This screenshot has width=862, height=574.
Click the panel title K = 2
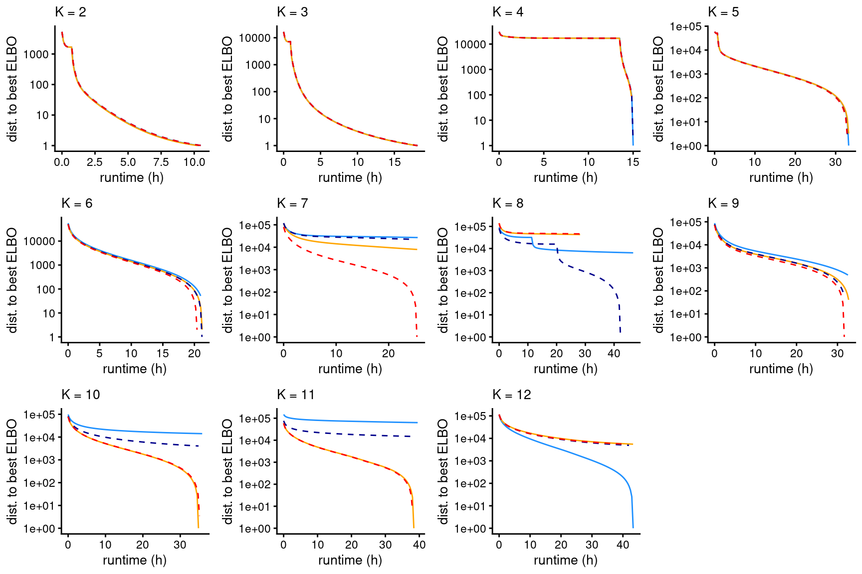click(70, 12)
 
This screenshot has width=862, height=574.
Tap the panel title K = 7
click(292, 203)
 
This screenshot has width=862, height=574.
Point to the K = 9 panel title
click(723, 203)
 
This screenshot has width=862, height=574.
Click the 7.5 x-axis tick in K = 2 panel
click(161, 162)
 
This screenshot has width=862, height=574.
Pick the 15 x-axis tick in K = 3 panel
click(395, 162)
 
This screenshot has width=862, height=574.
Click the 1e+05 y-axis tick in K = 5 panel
click(685, 26)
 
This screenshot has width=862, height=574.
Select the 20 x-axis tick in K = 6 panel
click(194, 353)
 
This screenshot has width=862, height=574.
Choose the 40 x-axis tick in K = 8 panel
click(614, 353)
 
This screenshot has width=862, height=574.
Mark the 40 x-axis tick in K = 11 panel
click(419, 545)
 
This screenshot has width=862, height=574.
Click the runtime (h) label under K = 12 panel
click(565, 560)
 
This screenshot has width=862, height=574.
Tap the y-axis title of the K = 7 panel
click(227, 280)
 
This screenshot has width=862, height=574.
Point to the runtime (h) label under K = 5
click(781, 177)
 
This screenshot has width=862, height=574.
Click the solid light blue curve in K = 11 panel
click(349, 422)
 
